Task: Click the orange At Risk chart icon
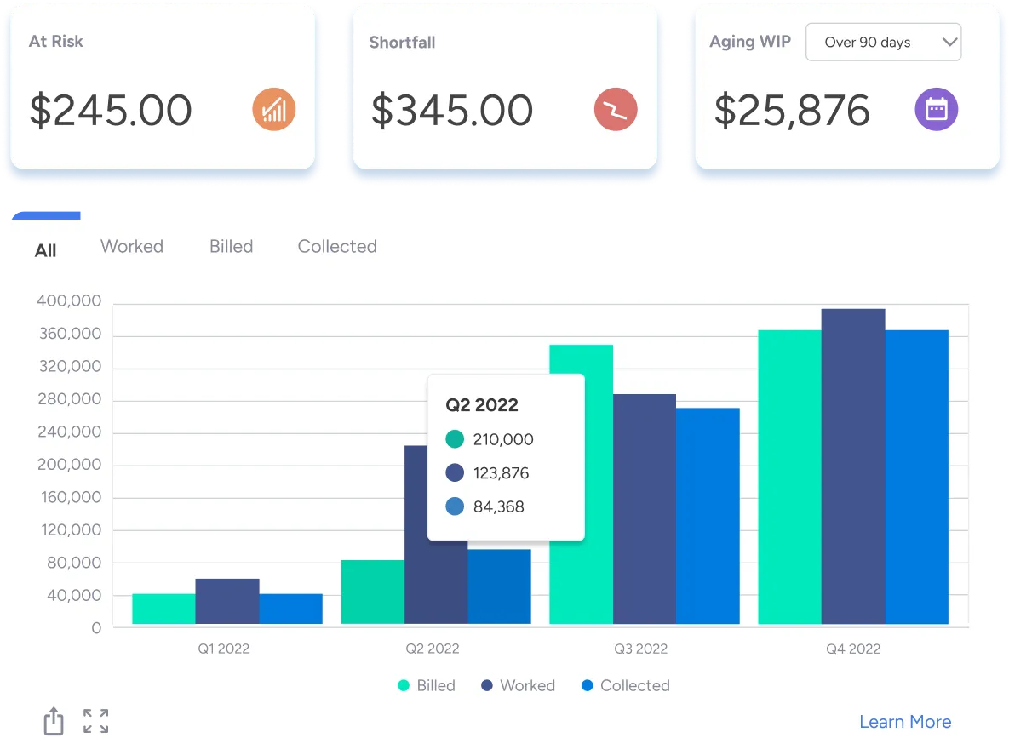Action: click(x=274, y=111)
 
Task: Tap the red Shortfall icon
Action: click(x=616, y=111)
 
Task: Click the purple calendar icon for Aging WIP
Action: click(x=937, y=111)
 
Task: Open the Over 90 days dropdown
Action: click(x=883, y=43)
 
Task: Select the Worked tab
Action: click(x=132, y=247)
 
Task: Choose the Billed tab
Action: click(x=231, y=247)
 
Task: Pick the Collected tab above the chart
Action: click(x=337, y=247)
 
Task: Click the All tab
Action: click(x=46, y=250)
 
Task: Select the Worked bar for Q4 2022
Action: click(x=853, y=466)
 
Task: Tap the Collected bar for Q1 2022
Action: click(x=290, y=609)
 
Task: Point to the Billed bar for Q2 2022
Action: click(x=373, y=592)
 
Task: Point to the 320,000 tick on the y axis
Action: click(x=71, y=367)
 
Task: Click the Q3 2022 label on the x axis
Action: click(x=640, y=649)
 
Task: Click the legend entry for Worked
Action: click(x=518, y=685)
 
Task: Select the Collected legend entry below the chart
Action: click(x=625, y=685)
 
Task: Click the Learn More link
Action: click(x=905, y=722)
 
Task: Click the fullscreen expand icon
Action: click(x=95, y=721)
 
